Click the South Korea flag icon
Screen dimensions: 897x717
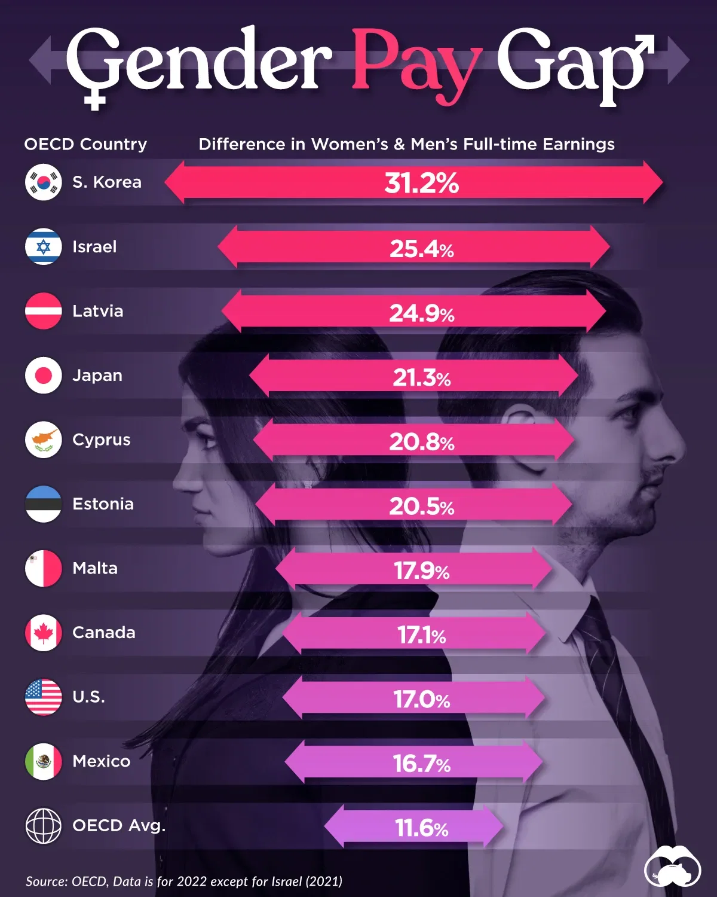[x=44, y=182]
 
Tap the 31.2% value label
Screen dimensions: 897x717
[x=421, y=183]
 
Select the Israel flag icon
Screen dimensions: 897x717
[x=44, y=246]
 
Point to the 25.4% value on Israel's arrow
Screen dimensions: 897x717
[x=421, y=248]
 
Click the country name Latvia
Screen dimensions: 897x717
[x=97, y=311]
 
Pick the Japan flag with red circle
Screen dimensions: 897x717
[x=44, y=376]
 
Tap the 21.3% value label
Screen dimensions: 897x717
[x=421, y=377]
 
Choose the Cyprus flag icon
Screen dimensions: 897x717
[x=44, y=440]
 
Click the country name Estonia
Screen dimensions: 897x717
[x=103, y=504]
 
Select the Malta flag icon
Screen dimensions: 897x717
[x=44, y=568]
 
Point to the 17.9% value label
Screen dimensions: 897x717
[x=421, y=570]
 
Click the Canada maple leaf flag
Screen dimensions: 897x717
[x=44, y=633]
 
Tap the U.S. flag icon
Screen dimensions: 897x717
[x=44, y=697]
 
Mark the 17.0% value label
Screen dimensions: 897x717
[x=421, y=699]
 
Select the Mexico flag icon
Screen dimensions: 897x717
[x=44, y=761]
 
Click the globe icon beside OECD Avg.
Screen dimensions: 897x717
[x=44, y=826]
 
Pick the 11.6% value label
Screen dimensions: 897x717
[x=421, y=828]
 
